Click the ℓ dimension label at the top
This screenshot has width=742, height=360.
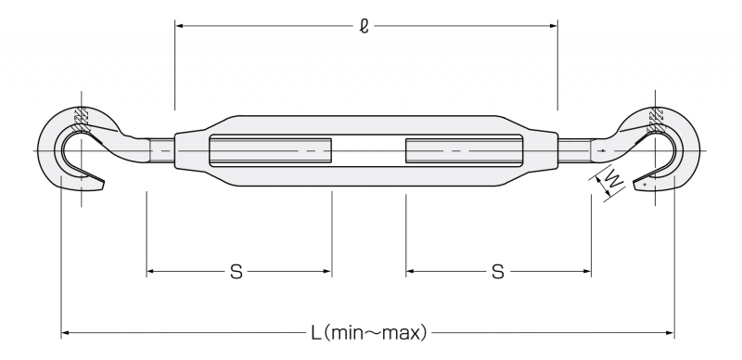[x=364, y=26]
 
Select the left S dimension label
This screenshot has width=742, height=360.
[x=237, y=272]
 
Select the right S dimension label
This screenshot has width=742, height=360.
[x=498, y=272]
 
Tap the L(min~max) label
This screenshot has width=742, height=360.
[x=368, y=333]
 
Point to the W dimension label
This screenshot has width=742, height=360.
[x=614, y=182]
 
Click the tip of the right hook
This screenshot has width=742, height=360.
[x=635, y=186]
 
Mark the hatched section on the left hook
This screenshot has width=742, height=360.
[x=82, y=120]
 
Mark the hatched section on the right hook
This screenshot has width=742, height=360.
[x=656, y=120]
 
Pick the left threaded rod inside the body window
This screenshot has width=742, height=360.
[x=271, y=150]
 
